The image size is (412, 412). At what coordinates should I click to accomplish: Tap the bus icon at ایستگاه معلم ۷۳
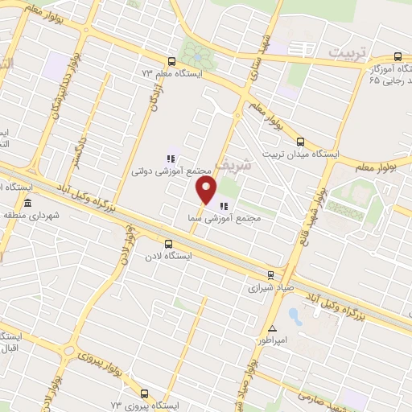point(171,61)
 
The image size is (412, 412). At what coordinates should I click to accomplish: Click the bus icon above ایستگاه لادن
point(167,243)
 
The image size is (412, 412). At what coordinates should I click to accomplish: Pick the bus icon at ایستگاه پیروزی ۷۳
point(144,393)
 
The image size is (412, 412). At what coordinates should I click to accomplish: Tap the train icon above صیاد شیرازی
point(270,273)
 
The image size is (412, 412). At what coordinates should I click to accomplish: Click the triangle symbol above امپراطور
point(273,328)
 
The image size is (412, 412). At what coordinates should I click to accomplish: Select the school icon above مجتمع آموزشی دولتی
point(170,158)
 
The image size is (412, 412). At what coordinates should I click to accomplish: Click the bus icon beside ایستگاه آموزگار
point(398,56)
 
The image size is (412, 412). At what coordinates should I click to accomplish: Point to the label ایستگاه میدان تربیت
point(302,153)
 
